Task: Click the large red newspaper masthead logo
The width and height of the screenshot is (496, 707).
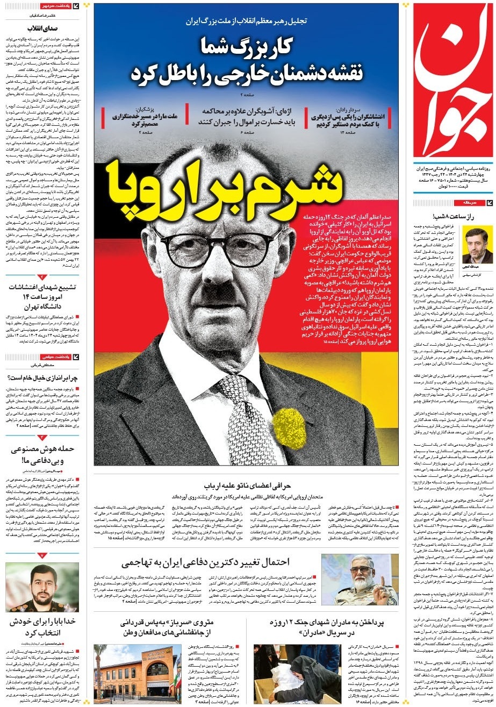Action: click(x=452, y=81)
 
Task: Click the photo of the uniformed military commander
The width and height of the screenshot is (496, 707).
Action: click(x=360, y=579)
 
